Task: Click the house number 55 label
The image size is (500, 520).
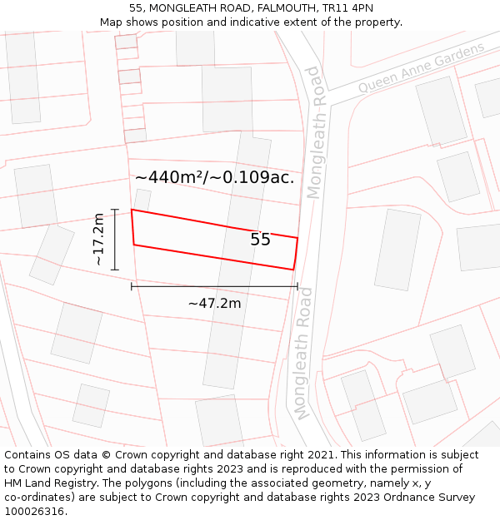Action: click(x=261, y=240)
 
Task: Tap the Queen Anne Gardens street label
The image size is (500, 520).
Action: click(x=422, y=68)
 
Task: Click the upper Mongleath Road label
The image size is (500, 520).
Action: click(x=313, y=132)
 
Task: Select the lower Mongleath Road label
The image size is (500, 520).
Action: click(x=303, y=353)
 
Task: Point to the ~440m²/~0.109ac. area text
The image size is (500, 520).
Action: click(x=215, y=177)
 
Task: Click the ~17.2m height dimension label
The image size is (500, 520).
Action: click(x=98, y=239)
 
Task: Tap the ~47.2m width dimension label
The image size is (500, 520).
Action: click(x=214, y=304)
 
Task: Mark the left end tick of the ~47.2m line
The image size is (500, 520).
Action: click(x=132, y=286)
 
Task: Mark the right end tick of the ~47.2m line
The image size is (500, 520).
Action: click(x=297, y=286)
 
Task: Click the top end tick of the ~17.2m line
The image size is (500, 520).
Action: click(x=115, y=209)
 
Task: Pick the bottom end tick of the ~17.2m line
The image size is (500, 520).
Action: click(x=115, y=270)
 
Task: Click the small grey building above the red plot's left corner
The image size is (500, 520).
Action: click(x=142, y=200)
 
